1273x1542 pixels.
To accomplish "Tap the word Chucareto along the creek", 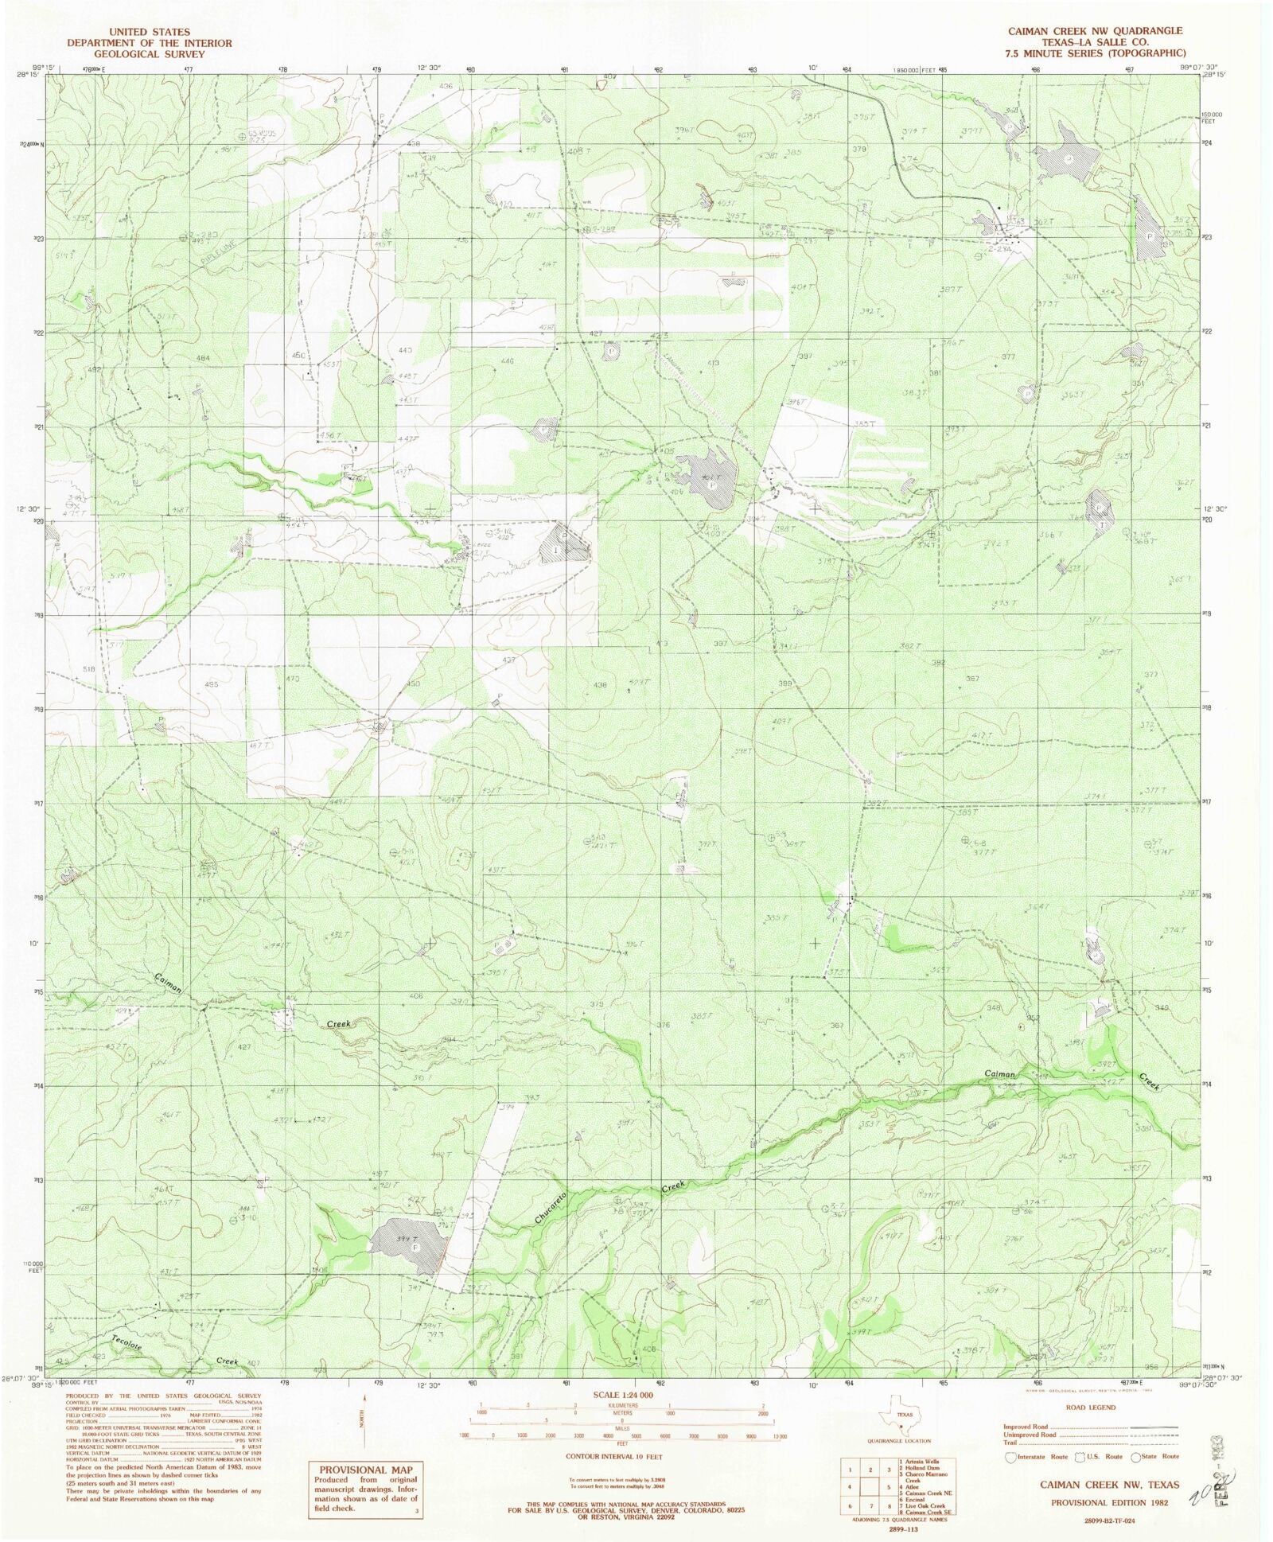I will tap(550, 1207).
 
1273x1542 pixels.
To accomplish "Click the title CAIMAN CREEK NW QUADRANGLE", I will tap(1095, 31).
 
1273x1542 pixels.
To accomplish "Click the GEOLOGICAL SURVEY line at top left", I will tap(150, 54).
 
